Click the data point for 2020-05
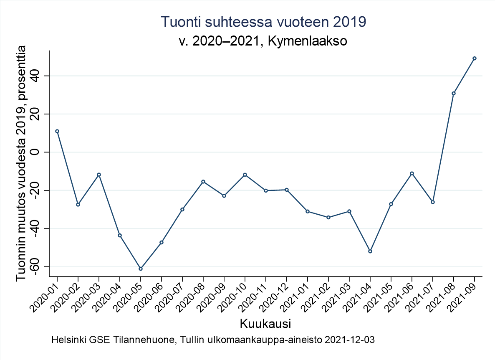(141, 269)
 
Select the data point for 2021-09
(475, 58)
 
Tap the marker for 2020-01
(57, 131)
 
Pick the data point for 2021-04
(370, 251)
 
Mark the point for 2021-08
(454, 93)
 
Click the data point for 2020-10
(245, 175)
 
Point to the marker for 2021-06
(412, 173)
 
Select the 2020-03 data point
(99, 175)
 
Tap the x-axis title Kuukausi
(265, 324)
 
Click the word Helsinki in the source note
(66, 340)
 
